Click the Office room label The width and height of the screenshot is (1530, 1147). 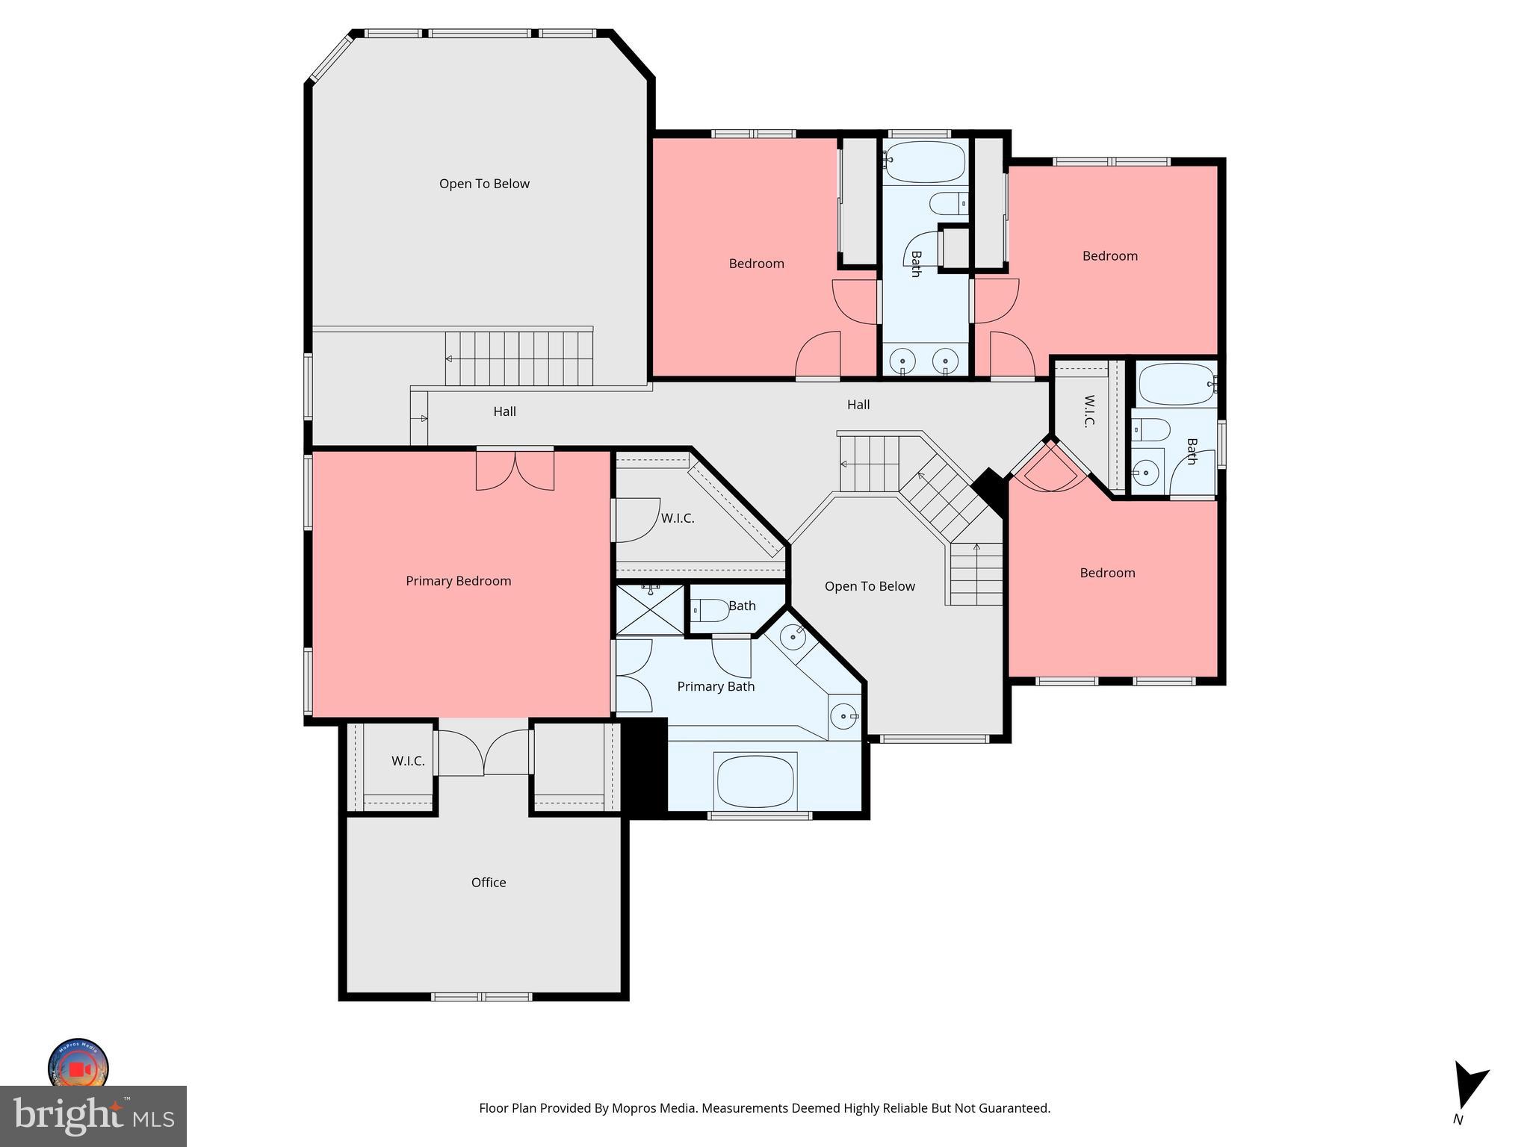(489, 883)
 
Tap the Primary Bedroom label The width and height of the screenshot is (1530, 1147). (458, 581)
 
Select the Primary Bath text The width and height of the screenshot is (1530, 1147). (715, 686)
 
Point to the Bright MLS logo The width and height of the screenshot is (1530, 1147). (93, 1116)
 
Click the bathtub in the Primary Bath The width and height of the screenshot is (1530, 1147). (756, 780)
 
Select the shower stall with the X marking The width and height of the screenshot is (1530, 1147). (650, 611)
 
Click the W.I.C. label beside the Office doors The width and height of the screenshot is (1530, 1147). (408, 761)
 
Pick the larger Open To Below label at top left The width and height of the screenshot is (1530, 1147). (484, 184)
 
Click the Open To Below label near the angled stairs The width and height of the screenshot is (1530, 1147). (870, 586)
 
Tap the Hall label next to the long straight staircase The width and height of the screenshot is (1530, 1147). (504, 411)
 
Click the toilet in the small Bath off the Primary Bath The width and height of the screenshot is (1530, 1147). (710, 611)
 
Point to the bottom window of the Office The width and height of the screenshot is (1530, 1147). (482, 996)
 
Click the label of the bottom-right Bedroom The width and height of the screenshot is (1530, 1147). (1107, 573)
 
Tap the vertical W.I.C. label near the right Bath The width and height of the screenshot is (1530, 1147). (1088, 411)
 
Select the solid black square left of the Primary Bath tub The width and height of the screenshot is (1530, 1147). (644, 768)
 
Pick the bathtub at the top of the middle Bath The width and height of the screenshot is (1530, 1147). (925, 161)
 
